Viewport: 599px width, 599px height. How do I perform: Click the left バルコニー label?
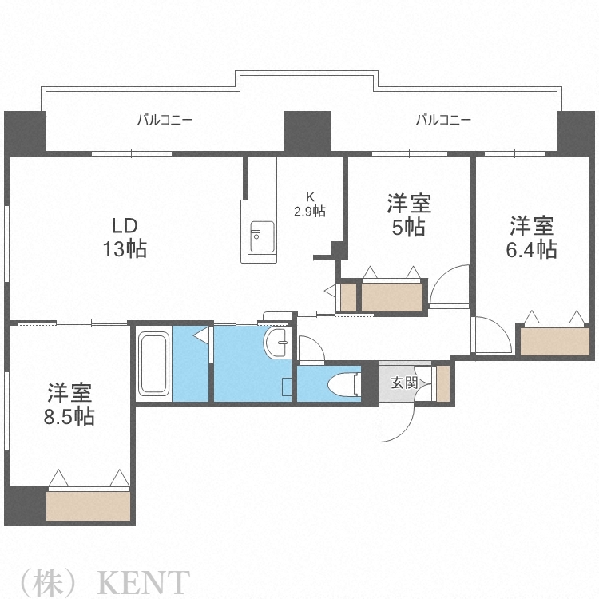pyautogui.click(x=165, y=121)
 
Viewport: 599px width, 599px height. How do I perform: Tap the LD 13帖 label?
pyautogui.click(x=124, y=236)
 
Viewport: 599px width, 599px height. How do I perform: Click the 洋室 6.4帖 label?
pyautogui.click(x=531, y=236)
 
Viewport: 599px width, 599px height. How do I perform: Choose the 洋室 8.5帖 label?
pyautogui.click(x=69, y=404)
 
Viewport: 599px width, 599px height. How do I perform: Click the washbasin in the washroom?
pyautogui.click(x=278, y=344)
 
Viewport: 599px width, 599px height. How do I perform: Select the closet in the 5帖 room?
pyautogui.click(x=392, y=296)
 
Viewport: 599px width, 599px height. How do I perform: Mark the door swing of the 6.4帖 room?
pyautogui.click(x=490, y=335)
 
